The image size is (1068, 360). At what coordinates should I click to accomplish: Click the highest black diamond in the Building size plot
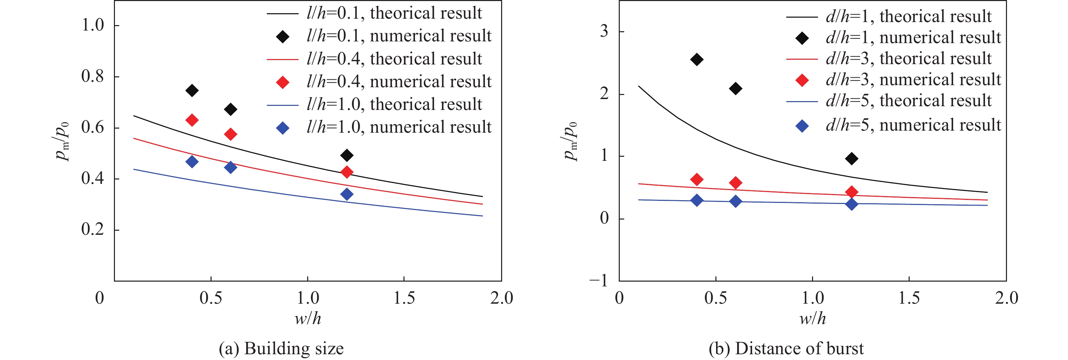tap(192, 90)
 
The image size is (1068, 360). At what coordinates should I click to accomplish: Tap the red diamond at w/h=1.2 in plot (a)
tap(347, 172)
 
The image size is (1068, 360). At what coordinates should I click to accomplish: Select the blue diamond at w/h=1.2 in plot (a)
tap(347, 194)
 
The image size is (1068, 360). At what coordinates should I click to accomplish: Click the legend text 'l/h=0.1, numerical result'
tap(399, 36)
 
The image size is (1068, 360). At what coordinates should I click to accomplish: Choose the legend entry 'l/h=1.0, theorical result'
tap(394, 104)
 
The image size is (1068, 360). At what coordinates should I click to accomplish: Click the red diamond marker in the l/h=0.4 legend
tap(283, 82)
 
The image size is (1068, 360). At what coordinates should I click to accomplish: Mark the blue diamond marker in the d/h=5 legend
tap(802, 126)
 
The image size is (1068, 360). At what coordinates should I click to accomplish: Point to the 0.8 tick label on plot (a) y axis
tap(93, 76)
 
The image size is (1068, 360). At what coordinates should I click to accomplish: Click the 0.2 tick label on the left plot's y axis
tap(93, 229)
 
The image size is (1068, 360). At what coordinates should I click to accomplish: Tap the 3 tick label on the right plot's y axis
tap(604, 32)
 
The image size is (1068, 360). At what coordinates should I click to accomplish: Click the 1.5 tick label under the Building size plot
tap(404, 298)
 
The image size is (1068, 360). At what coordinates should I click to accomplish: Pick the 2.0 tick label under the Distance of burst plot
tap(1006, 298)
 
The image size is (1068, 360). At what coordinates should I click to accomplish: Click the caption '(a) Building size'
tap(281, 348)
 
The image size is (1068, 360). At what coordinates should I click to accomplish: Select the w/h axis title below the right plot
tap(813, 319)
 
